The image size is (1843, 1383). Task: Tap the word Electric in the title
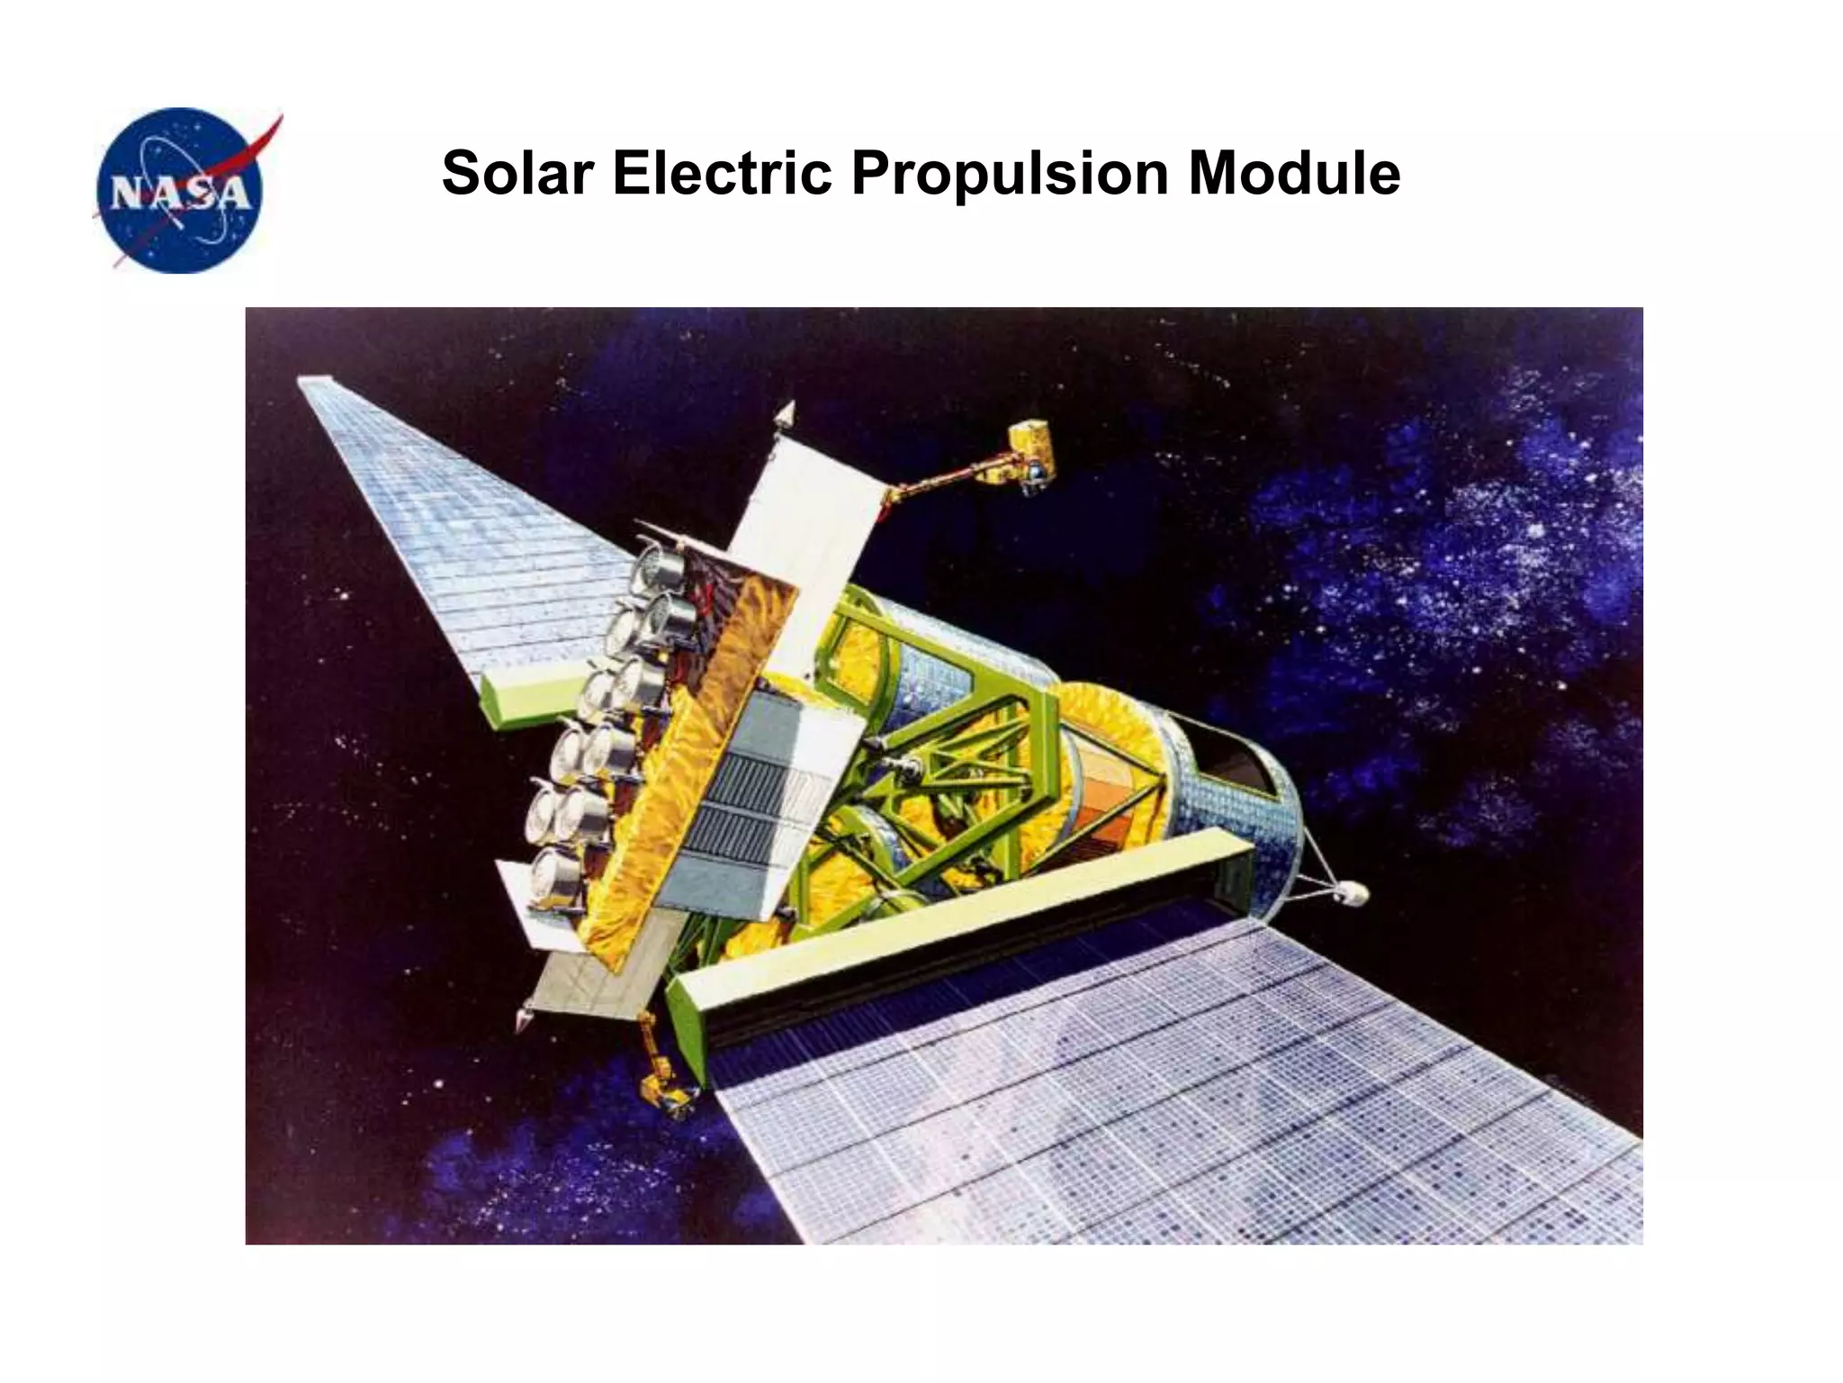click(x=722, y=173)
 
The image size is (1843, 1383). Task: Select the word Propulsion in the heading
click(x=1008, y=173)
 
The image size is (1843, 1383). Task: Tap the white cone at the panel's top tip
click(x=786, y=414)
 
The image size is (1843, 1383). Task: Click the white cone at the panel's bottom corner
click(x=523, y=1020)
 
